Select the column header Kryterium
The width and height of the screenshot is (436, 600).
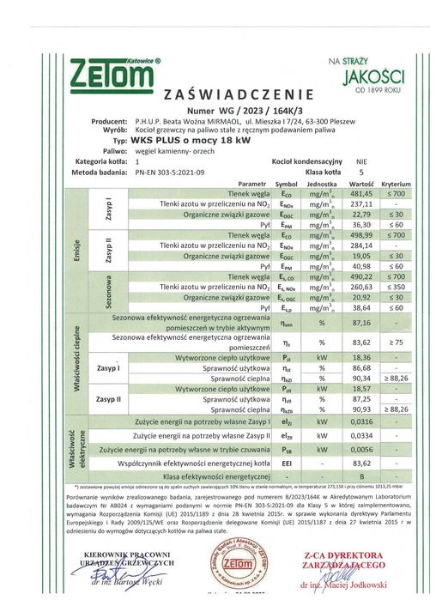click(397, 184)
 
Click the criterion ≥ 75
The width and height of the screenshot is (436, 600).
click(397, 342)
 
